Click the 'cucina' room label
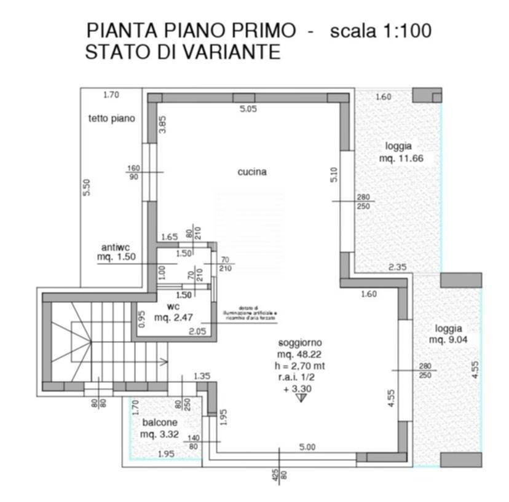click(252, 172)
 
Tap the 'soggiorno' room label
click(300, 342)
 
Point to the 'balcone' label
click(160, 423)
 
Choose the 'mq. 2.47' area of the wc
click(173, 317)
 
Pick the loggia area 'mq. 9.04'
click(448, 339)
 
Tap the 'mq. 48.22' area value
click(300, 354)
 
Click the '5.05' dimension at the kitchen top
click(248, 109)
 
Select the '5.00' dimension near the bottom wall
click(307, 447)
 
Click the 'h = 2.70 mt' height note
click(300, 366)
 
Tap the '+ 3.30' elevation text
click(300, 388)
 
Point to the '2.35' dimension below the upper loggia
click(397, 267)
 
